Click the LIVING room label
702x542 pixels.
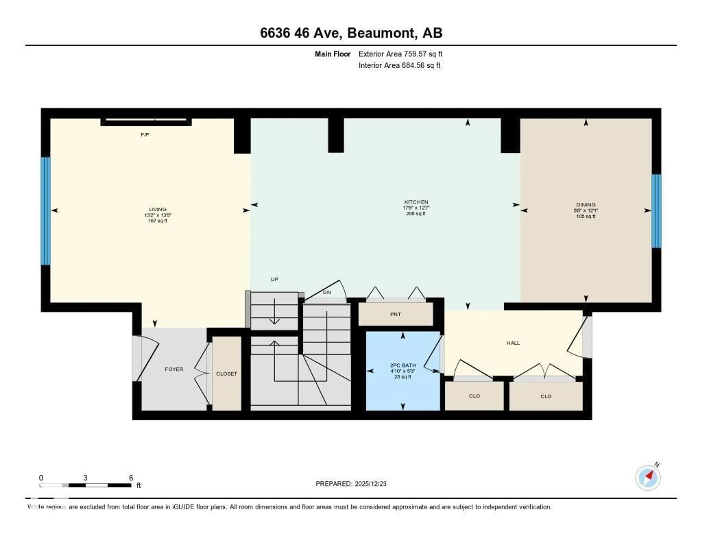click(158, 209)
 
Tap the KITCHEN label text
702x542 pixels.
click(416, 202)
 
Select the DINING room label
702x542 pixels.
click(586, 204)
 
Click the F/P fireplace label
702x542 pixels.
click(145, 135)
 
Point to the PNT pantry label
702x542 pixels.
click(395, 314)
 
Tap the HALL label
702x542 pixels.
click(513, 343)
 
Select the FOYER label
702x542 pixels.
click(174, 369)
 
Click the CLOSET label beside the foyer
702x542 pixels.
click(226, 374)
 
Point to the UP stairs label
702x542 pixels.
click(274, 279)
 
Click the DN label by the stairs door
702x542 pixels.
click(327, 292)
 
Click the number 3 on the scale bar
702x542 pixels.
click(85, 478)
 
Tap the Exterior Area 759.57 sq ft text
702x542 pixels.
click(400, 54)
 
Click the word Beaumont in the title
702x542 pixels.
click(381, 33)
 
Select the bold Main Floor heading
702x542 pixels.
click(332, 54)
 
